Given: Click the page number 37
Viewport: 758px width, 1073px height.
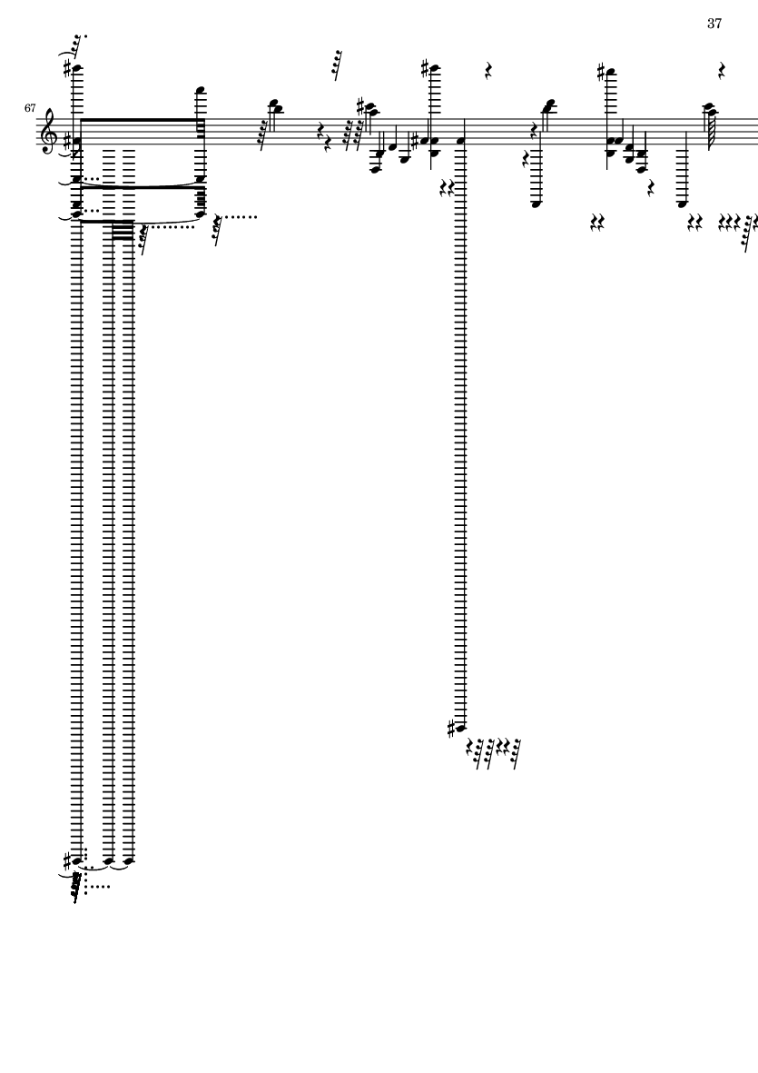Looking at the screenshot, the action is click(x=714, y=24).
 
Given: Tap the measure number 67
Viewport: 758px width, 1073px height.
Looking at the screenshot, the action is click(x=30, y=108).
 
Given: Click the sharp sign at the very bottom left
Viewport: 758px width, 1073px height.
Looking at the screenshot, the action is click(x=67, y=859).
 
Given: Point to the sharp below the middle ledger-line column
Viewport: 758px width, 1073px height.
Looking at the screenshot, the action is click(x=451, y=730).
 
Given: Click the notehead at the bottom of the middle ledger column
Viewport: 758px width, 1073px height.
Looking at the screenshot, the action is click(x=461, y=728).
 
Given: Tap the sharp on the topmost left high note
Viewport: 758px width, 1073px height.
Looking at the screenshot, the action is click(x=67, y=68).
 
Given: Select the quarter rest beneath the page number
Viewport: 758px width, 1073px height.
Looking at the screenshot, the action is click(x=722, y=71).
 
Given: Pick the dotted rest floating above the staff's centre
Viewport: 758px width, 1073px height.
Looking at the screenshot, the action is click(x=336, y=65).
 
